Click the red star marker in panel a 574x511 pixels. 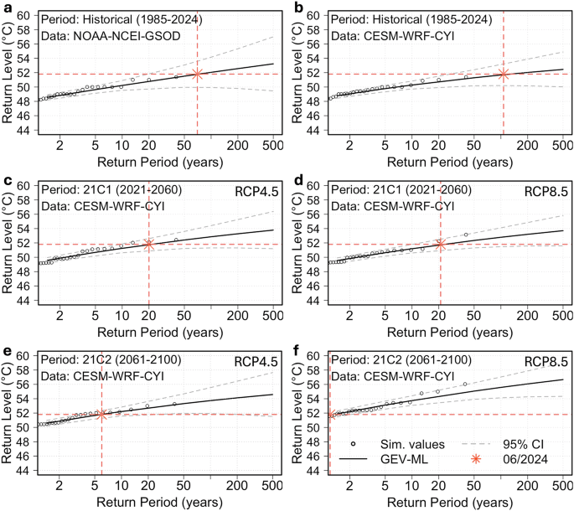[197, 75]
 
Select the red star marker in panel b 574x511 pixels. [504, 75]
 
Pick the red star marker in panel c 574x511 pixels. [149, 245]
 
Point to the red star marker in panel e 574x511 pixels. [102, 414]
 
